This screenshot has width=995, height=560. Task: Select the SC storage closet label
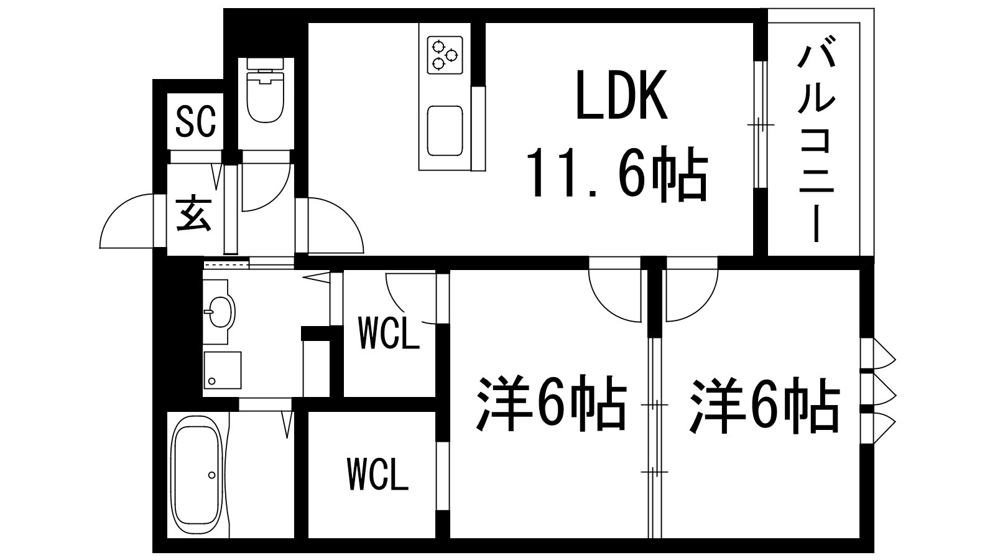pyautogui.click(x=196, y=121)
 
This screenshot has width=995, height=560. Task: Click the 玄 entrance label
pyautogui.click(x=194, y=215)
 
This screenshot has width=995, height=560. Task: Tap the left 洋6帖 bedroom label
pyautogui.click(x=551, y=404)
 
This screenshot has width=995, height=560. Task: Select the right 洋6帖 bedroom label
pyautogui.click(x=764, y=405)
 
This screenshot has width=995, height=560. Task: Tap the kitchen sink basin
pyautogui.click(x=445, y=131)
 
